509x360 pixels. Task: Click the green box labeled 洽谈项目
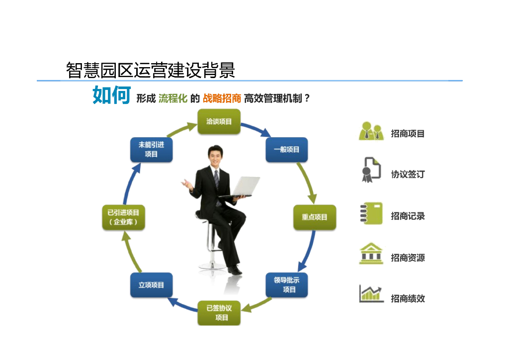[x=219, y=121]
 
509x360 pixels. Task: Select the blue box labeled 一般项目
[x=286, y=149]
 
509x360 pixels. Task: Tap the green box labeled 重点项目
[x=314, y=217]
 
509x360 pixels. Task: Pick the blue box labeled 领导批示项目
[x=286, y=284]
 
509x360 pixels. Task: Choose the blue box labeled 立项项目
[x=151, y=285]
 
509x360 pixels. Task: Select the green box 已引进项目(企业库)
[x=123, y=217]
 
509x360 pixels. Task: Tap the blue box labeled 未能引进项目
[x=151, y=149]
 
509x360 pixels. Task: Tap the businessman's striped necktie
[x=217, y=182]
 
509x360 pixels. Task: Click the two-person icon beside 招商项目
[x=371, y=131]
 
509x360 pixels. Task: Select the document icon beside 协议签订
[x=370, y=171]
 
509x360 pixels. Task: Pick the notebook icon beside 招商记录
[x=371, y=214]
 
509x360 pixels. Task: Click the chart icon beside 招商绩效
[x=371, y=294]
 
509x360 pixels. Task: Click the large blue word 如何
[x=111, y=95]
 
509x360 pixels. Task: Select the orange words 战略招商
[x=222, y=98]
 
